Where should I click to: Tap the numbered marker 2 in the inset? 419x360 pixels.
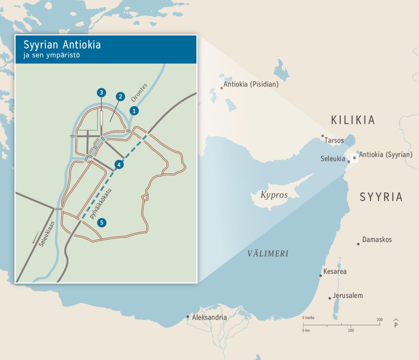(x=120, y=97)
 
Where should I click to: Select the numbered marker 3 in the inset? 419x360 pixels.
(x=101, y=92)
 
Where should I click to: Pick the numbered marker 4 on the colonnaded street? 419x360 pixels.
(x=119, y=164)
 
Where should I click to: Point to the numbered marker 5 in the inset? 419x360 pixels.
(x=102, y=223)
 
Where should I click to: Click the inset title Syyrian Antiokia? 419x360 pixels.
(x=62, y=45)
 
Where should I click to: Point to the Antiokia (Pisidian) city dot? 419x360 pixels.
(x=221, y=88)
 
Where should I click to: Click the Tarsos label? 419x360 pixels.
(x=334, y=141)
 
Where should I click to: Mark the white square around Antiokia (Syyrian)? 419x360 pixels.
(x=355, y=158)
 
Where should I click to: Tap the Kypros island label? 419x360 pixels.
(x=274, y=195)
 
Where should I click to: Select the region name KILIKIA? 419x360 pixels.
(x=353, y=120)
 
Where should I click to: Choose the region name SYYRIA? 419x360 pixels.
(x=381, y=197)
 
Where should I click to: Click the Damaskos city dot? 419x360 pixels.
(x=358, y=244)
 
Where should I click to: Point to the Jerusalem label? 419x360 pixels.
(x=347, y=295)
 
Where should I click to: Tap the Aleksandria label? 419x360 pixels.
(x=209, y=317)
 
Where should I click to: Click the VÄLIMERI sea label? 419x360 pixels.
(x=268, y=254)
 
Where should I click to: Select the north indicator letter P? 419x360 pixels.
(x=396, y=324)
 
